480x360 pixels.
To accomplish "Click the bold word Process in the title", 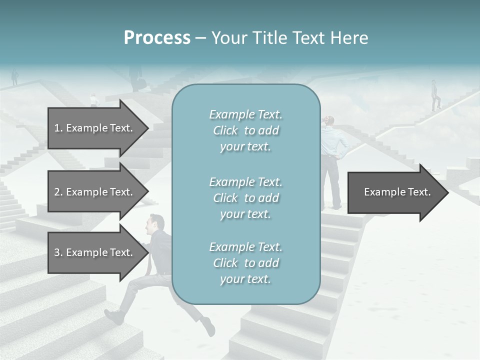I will click(157, 38).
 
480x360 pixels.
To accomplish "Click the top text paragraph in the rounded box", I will click(245, 130).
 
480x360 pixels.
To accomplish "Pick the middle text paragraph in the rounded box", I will click(245, 198).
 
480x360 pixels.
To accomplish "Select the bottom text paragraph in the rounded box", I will click(245, 263).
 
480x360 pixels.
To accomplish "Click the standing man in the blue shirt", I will click(332, 160).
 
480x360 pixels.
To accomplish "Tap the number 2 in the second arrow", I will click(57, 192).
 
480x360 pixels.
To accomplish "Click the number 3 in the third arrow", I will click(57, 252).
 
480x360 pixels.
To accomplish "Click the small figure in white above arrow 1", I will click(93, 100).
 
